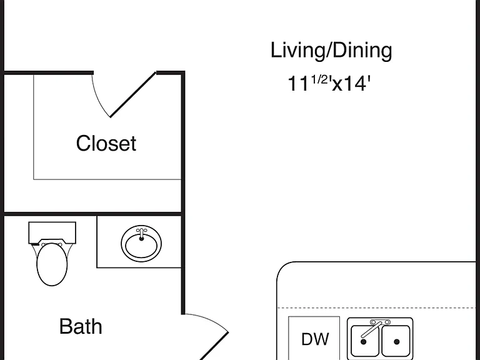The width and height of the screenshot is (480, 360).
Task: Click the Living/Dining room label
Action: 331,51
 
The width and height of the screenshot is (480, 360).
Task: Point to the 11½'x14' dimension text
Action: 329,83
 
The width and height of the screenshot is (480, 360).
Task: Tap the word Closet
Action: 106,143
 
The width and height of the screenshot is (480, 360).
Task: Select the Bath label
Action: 81,326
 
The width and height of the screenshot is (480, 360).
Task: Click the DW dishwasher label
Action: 315,339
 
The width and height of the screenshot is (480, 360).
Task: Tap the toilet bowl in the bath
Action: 52,264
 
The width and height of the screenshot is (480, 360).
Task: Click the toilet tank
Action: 52,232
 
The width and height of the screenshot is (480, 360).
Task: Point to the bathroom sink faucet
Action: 141,234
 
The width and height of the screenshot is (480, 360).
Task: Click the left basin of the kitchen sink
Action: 364,341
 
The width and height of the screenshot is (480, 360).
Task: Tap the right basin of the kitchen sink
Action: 396,341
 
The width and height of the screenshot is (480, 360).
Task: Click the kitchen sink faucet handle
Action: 371,329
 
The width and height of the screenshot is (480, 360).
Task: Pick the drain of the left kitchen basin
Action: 363,342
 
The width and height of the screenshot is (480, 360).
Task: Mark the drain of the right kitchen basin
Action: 397,342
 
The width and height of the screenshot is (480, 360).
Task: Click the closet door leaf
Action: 133,94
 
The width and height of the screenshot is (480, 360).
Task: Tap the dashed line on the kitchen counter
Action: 376,307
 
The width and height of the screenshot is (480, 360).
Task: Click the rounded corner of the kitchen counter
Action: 282,267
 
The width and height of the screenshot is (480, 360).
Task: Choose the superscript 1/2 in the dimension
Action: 319,79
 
